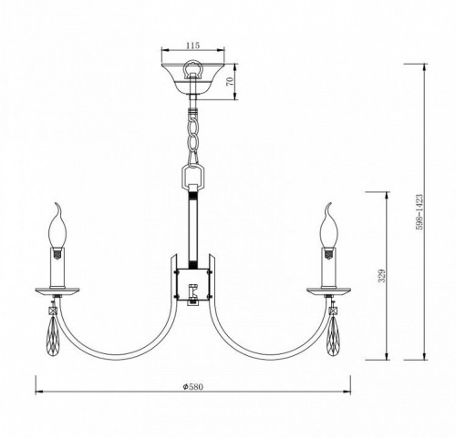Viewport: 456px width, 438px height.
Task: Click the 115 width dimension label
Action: (x=192, y=46)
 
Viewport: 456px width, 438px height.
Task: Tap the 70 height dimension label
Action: (x=230, y=81)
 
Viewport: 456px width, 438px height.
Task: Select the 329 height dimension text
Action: (x=381, y=276)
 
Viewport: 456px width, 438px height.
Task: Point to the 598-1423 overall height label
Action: (x=420, y=212)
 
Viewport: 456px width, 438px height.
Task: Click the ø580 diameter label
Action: (x=192, y=386)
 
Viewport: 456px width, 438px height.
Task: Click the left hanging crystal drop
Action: (x=53, y=335)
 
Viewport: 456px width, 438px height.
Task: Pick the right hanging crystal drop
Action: (x=334, y=335)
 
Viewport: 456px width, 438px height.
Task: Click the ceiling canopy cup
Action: (x=192, y=78)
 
